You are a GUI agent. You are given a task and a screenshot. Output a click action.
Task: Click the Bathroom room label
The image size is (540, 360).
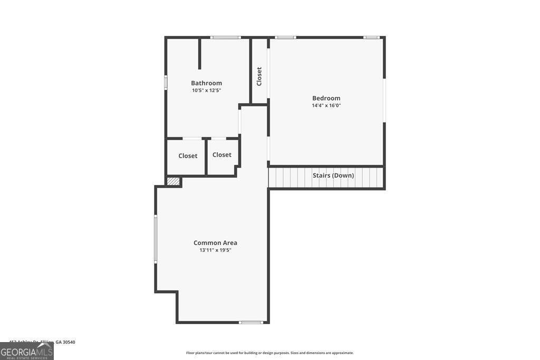click(x=206, y=83)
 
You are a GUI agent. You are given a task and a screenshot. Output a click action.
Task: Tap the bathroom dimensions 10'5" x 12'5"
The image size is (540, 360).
click(x=206, y=91)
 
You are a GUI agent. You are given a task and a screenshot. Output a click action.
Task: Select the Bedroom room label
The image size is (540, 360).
click(x=326, y=98)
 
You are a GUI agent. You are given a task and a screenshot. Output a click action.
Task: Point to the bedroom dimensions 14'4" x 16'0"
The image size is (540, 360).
click(x=326, y=105)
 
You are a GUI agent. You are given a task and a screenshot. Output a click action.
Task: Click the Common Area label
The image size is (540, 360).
click(x=215, y=243)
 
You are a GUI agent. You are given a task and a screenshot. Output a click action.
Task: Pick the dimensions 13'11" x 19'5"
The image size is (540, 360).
click(x=215, y=250)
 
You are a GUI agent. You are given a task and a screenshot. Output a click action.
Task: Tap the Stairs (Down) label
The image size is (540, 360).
click(x=333, y=176)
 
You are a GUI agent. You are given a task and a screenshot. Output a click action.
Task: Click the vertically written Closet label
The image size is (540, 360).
click(x=259, y=76)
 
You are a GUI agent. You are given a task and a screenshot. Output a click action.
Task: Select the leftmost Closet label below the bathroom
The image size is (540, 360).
click(x=188, y=156)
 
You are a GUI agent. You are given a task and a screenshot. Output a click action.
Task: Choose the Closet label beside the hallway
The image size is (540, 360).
click(x=221, y=155)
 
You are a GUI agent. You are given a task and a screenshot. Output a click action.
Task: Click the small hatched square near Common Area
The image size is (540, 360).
click(x=173, y=181)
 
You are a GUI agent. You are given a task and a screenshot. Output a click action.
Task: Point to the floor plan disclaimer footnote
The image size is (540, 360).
click(x=269, y=353)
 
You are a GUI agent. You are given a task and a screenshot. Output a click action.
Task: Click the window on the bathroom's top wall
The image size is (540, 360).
click(x=225, y=37)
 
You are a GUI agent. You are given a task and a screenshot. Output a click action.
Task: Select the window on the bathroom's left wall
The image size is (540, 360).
click(x=166, y=83)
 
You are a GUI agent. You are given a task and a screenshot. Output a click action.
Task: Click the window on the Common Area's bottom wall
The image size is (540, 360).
click(x=250, y=322)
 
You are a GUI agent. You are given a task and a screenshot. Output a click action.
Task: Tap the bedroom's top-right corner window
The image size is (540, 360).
click(x=371, y=37)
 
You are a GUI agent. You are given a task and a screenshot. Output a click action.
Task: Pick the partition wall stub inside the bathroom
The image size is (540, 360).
click(x=199, y=53)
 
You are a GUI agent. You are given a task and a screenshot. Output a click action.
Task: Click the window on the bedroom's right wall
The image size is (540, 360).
click(x=384, y=100)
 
